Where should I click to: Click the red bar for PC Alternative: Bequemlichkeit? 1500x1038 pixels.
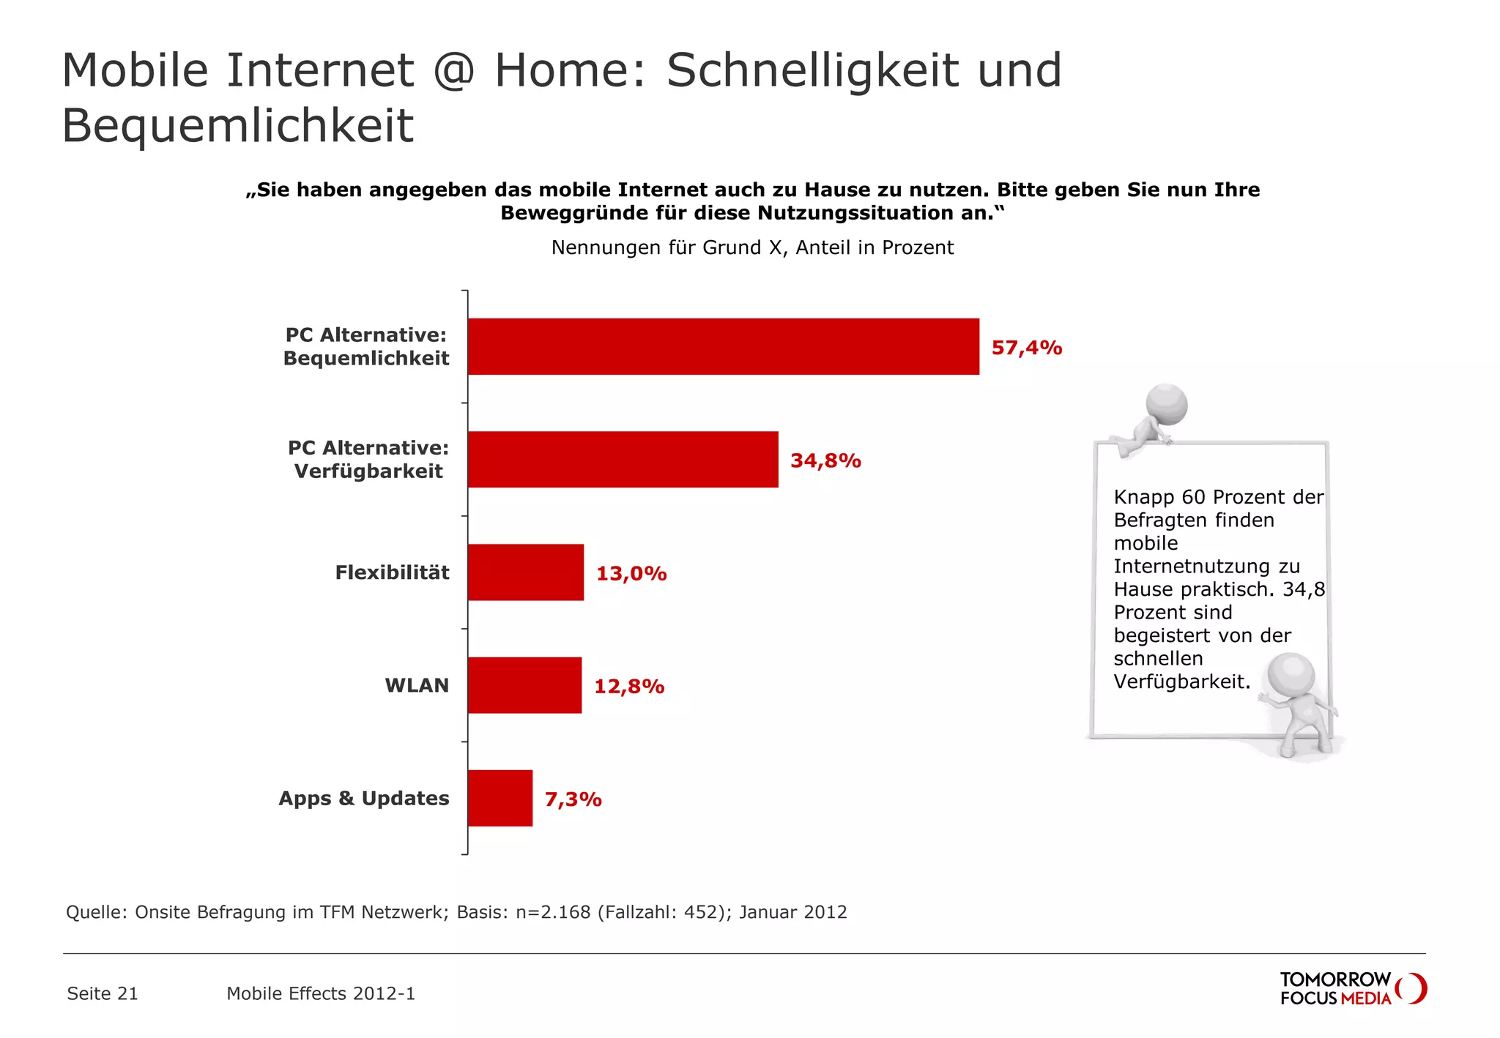click(x=723, y=346)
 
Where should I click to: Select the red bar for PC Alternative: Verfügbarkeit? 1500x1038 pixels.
click(x=623, y=459)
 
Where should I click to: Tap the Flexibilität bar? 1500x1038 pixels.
click(x=525, y=572)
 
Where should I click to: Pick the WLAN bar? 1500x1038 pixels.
click(x=524, y=685)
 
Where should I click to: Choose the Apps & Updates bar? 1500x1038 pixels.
click(x=500, y=798)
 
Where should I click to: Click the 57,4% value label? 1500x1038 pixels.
click(x=1026, y=348)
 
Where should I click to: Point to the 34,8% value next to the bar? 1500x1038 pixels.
click(x=825, y=460)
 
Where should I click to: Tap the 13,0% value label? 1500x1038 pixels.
click(x=631, y=573)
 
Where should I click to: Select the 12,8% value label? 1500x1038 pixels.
click(x=628, y=687)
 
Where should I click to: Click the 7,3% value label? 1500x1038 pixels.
click(x=573, y=799)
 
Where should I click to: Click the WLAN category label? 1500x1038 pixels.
click(x=417, y=685)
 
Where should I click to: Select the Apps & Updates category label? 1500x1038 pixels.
click(x=363, y=798)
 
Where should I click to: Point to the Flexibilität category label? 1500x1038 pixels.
click(x=392, y=572)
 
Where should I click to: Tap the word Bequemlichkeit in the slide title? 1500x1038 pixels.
click(x=237, y=125)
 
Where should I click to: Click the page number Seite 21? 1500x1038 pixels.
click(x=102, y=993)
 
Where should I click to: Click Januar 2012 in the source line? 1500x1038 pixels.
click(x=792, y=912)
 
